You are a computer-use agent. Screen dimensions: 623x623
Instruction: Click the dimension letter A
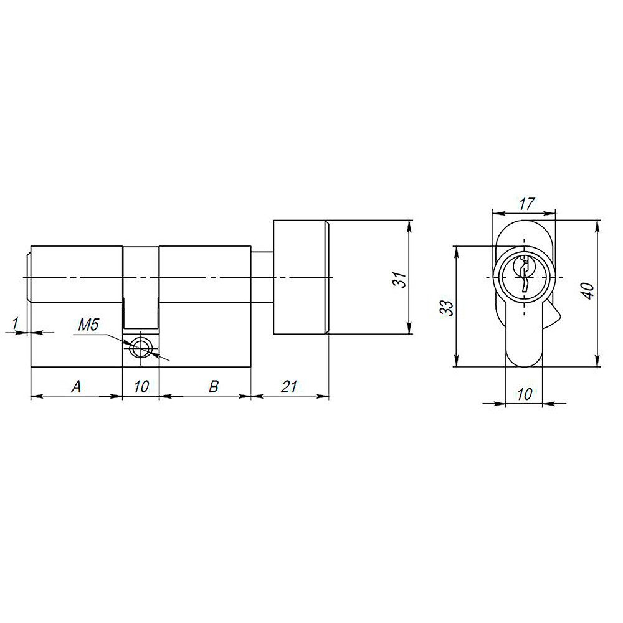[76, 387]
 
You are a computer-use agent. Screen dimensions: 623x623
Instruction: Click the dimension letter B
[212, 387]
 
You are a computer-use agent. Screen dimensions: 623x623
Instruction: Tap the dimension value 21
[288, 387]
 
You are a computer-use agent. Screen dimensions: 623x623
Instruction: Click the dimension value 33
[447, 307]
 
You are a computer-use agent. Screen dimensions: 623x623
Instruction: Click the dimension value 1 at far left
[15, 323]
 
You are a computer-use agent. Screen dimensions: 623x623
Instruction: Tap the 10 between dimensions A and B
[141, 387]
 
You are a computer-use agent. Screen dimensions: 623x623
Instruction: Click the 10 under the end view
[525, 394]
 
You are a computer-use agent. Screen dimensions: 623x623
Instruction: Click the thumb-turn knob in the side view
[299, 278]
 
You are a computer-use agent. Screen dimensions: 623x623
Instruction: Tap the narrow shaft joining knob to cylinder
[262, 278]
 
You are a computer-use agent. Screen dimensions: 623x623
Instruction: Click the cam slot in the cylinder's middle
[141, 287]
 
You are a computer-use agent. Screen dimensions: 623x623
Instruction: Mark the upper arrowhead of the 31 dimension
[409, 225]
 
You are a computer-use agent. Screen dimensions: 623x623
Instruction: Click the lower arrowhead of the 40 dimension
[598, 361]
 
